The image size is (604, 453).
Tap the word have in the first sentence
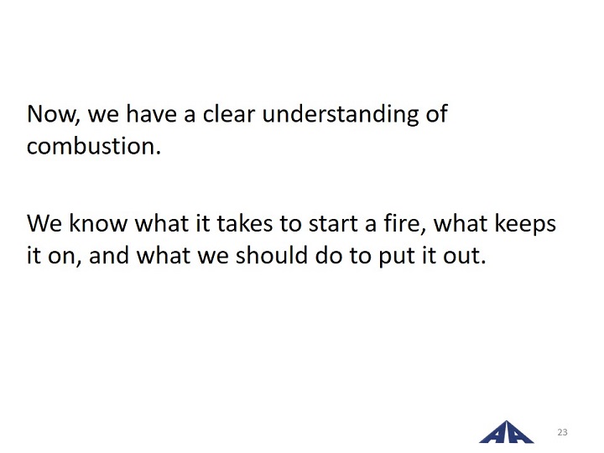[151, 113]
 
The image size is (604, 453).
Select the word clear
[229, 113]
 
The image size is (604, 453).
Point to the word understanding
[340, 115]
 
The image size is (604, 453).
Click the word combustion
[94, 146]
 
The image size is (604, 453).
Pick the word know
[98, 223]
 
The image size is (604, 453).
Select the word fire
[405, 224]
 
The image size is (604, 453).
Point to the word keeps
[525, 224]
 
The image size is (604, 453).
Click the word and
[109, 255]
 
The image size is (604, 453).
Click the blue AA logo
[506, 432]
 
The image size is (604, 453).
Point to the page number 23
[562, 432]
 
